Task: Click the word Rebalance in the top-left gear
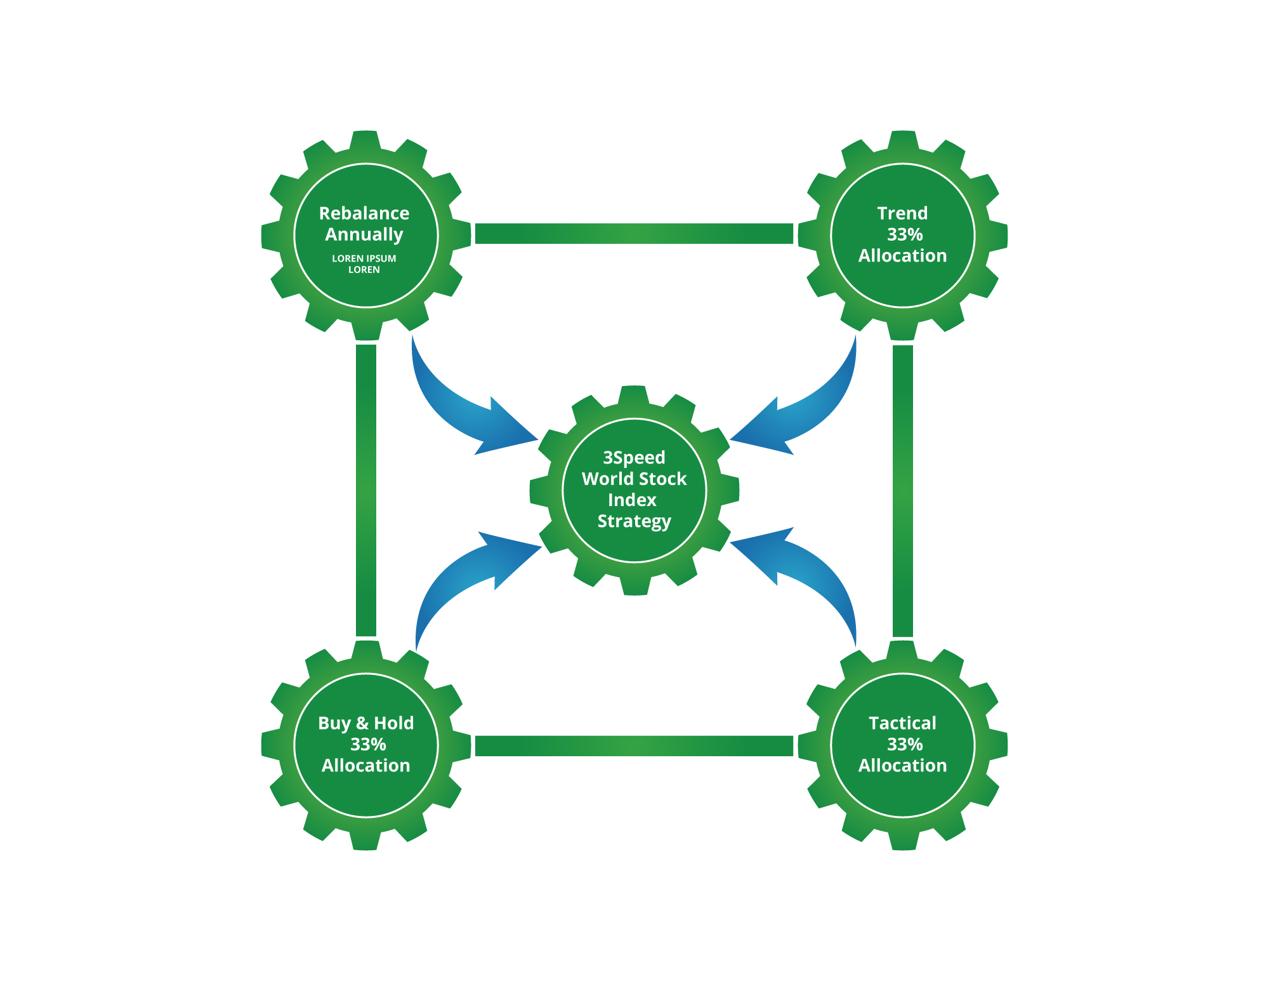pos(364,213)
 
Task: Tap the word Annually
pos(364,235)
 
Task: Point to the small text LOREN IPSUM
pos(364,258)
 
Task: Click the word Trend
pos(902,213)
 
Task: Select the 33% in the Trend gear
pos(905,235)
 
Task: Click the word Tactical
pos(902,723)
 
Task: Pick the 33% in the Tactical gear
pos(905,744)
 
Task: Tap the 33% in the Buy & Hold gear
pos(368,744)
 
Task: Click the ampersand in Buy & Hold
pos(362,723)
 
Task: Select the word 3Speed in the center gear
pos(634,458)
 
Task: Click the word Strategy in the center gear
pos(634,521)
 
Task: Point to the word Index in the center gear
pos(632,500)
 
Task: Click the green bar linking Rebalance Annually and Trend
pos(634,234)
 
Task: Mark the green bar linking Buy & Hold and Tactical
pos(634,746)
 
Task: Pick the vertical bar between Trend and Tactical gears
pos(902,490)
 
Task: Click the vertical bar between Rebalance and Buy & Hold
pos(366,490)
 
